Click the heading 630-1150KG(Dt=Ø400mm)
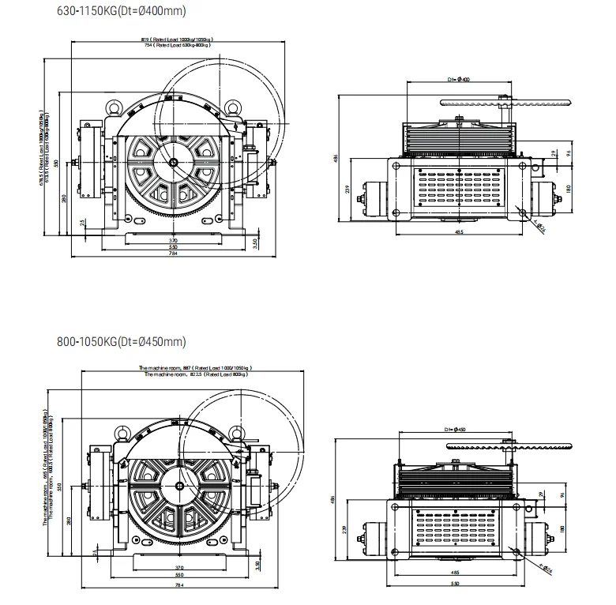[120, 10]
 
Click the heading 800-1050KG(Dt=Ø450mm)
[122, 342]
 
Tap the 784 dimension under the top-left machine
[173, 254]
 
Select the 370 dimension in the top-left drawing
[173, 239]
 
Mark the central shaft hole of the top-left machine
[173, 163]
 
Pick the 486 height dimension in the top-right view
[336, 158]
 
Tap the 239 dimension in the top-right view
[347, 190]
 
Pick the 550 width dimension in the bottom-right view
[456, 583]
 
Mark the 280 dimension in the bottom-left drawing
[69, 520]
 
